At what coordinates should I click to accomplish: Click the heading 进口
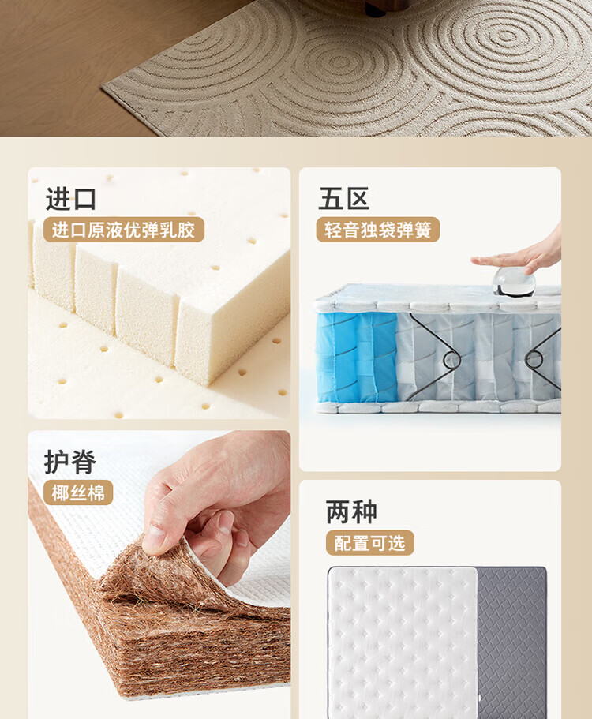(70, 199)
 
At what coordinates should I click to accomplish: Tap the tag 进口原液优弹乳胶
(123, 230)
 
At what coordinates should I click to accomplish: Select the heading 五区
(344, 199)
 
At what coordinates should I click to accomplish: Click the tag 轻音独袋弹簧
(378, 230)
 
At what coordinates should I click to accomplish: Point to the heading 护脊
(70, 461)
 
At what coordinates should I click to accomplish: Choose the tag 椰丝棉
(78, 493)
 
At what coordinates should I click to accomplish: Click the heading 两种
(352, 511)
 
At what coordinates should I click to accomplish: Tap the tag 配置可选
(370, 543)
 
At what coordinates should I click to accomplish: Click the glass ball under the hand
(514, 281)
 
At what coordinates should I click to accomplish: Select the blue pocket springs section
(356, 358)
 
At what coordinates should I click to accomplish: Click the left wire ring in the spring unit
(451, 361)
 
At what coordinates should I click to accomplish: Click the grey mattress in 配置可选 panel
(511, 642)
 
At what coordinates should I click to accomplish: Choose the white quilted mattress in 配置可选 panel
(403, 642)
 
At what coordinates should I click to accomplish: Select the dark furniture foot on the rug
(375, 10)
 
